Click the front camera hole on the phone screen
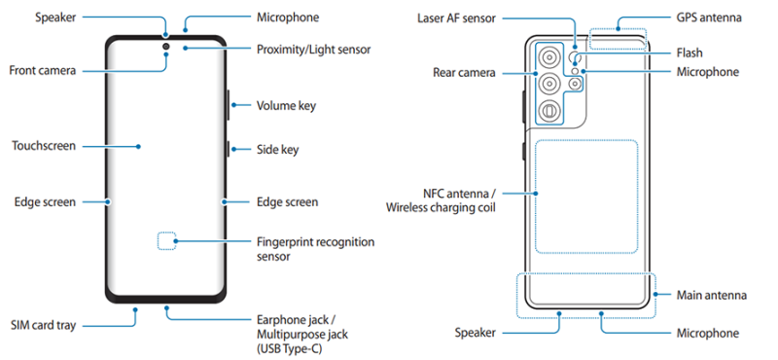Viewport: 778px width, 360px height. coord(165,47)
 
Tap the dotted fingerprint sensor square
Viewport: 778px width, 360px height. coord(166,241)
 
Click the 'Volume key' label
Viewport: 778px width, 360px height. coord(286,106)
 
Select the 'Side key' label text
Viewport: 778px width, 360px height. coord(277,149)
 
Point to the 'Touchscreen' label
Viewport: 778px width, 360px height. coord(44,146)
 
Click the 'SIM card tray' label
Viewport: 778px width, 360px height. coord(44,326)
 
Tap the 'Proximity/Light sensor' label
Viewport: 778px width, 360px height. coord(313,50)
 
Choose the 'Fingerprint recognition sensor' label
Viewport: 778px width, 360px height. coord(315,249)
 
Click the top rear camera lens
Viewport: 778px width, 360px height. coord(549,58)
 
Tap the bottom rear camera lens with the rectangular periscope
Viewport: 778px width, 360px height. coord(549,111)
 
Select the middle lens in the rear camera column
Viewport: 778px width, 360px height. coord(549,84)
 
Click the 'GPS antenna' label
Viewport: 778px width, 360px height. coord(710,18)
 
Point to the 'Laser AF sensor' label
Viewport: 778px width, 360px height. coord(456,18)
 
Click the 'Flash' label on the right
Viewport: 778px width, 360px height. coord(690,53)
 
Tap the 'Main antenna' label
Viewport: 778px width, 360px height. coord(712,295)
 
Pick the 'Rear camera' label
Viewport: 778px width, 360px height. coord(464,73)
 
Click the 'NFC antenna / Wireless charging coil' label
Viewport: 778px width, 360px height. coord(442,200)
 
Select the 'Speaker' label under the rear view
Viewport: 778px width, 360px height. coord(476,333)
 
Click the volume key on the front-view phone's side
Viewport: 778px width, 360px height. coord(229,105)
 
